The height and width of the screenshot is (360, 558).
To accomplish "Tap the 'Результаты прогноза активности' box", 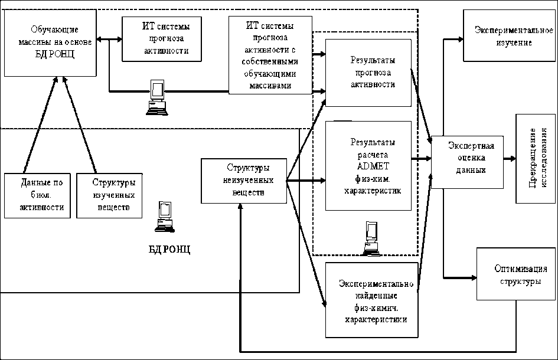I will click(x=368, y=73).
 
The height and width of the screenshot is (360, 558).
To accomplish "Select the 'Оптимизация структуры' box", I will click(x=517, y=274).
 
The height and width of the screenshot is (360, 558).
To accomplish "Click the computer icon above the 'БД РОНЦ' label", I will click(x=165, y=216).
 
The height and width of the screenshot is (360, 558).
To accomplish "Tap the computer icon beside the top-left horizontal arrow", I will click(x=156, y=97).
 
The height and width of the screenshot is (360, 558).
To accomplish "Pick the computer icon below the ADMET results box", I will click(x=372, y=238).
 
